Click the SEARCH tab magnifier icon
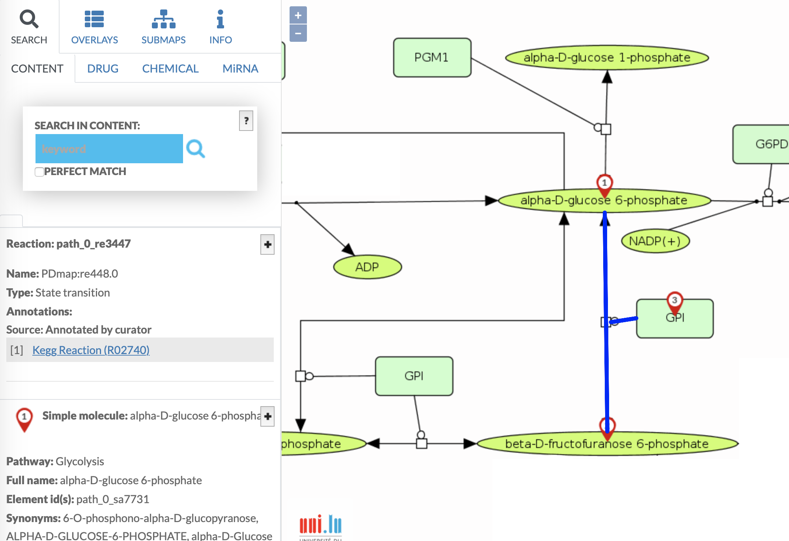(x=29, y=19)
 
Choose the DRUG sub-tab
(x=103, y=69)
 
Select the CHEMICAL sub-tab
(x=170, y=69)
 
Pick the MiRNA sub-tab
(x=240, y=69)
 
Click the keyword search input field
(x=109, y=149)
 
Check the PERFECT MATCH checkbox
(x=39, y=172)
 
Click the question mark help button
(x=246, y=121)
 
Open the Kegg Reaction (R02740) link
(x=91, y=350)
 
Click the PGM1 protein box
(x=432, y=58)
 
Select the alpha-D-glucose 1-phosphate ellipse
(x=607, y=58)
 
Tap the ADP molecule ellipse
(x=367, y=267)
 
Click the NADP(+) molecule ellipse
(x=655, y=241)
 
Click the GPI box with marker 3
(x=682, y=323)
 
